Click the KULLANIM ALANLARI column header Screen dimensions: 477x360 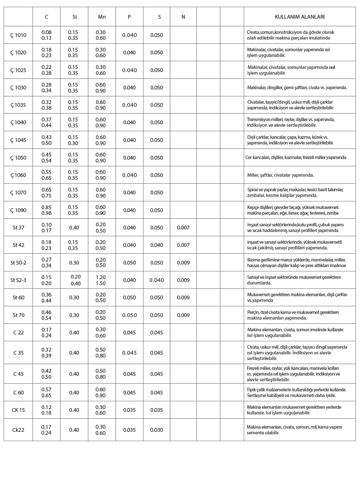pos(300,17)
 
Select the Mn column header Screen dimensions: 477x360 pos(102,17)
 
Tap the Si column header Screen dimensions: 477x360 pos(75,17)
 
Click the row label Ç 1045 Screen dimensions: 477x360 pos(18,140)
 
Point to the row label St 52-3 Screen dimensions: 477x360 pos(18,280)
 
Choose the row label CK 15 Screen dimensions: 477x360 pos(18,410)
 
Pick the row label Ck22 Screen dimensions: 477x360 pos(18,430)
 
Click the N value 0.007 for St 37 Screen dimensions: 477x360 pos(183,228)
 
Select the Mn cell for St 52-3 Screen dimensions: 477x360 pos(101,280)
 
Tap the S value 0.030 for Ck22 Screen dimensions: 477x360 pos(157,430)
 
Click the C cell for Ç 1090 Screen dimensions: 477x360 pos(46,210)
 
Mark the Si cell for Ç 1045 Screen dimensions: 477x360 pos(73,140)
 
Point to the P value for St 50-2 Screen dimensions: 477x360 pos(129,263)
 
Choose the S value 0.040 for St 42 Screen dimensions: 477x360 pos(157,245)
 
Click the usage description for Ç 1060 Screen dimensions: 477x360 pos(280,175)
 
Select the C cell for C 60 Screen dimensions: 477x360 pos(46,393)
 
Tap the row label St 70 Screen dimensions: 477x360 pos(18,315)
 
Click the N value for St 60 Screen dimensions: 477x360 pos(183,297)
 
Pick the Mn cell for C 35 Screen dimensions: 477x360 pos(101,353)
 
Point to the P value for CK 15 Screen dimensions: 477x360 pos(129,410)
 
